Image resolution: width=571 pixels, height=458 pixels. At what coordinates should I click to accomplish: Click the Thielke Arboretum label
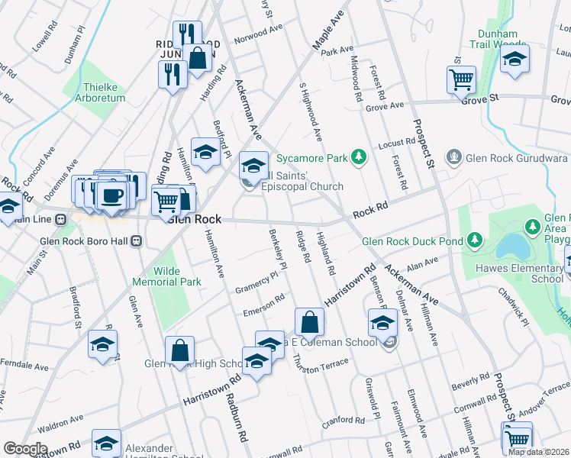tap(95, 92)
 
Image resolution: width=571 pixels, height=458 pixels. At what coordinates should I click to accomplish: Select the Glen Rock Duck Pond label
tap(413, 241)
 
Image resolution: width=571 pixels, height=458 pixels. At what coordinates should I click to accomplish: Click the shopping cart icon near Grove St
tap(461, 78)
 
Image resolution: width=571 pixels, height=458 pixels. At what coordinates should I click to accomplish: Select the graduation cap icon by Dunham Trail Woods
tap(515, 58)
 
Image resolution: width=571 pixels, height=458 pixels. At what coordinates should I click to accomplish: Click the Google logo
tap(25, 449)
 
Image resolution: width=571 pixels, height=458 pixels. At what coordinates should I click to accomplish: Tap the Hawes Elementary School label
tap(529, 273)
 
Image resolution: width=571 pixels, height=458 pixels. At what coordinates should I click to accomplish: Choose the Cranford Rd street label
tap(343, 421)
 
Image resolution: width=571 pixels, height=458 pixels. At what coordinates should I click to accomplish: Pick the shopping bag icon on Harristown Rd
tap(309, 322)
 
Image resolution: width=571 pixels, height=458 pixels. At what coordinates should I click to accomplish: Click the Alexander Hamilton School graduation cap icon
tap(106, 443)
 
